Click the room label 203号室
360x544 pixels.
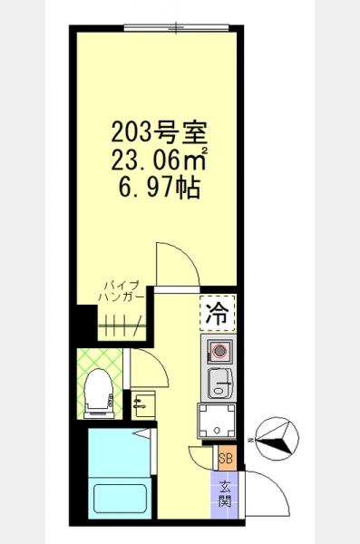coord(159,132)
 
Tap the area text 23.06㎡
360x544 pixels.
coord(160,160)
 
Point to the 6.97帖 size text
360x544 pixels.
coord(160,188)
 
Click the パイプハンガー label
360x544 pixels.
coord(122,291)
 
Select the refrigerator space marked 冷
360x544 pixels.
coord(218,313)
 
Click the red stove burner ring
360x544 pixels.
coord(219,352)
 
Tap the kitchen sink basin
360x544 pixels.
coord(219,383)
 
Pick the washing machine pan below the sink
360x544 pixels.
coord(217,421)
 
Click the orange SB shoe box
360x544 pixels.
coord(226,458)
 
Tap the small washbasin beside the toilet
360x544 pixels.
coord(143,405)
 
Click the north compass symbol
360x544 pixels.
coord(277,439)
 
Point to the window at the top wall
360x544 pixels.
coord(176,28)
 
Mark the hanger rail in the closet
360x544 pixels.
coord(121,325)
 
